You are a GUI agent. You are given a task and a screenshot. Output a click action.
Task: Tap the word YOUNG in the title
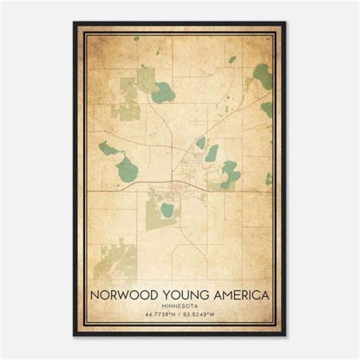[178, 295]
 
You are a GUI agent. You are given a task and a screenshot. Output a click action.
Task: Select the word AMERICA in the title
[238, 295]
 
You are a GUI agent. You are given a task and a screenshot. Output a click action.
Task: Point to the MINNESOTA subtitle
[179, 305]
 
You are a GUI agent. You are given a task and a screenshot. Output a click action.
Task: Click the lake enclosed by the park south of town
[166, 210]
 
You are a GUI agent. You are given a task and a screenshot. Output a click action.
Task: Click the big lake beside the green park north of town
[163, 92]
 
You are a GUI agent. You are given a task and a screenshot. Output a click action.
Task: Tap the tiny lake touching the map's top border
[136, 38]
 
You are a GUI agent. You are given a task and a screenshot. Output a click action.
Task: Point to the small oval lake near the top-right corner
[232, 59]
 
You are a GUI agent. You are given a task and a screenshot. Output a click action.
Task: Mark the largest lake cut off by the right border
[262, 76]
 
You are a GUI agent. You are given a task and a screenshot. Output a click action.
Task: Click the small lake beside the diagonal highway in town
[200, 143]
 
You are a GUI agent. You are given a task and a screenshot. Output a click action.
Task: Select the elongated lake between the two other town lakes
[212, 153]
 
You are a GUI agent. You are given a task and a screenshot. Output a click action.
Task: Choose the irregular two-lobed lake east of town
[230, 173]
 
